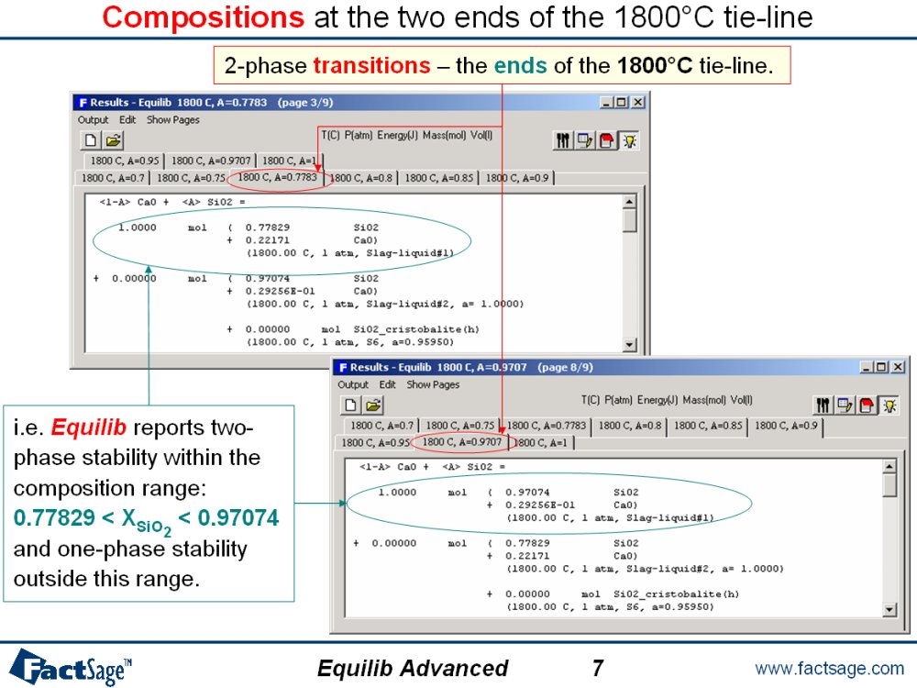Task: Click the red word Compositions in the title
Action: click(203, 17)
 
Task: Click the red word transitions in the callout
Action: click(372, 65)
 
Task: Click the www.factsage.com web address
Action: click(829, 668)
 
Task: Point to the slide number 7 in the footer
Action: click(597, 668)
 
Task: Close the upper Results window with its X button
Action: click(638, 103)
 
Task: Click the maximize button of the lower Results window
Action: click(882, 367)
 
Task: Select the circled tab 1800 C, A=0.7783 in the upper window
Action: click(277, 177)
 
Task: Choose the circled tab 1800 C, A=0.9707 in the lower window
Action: click(461, 442)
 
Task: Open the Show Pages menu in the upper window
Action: click(172, 120)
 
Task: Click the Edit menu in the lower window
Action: click(387, 384)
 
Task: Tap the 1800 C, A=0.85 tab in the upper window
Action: click(438, 178)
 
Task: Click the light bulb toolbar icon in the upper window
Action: click(629, 140)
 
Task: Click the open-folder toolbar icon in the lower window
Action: click(373, 405)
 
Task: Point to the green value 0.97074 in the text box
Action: click(238, 517)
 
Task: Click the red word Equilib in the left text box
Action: click(88, 427)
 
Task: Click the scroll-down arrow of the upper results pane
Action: click(629, 345)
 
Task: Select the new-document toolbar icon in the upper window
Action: click(91, 139)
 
